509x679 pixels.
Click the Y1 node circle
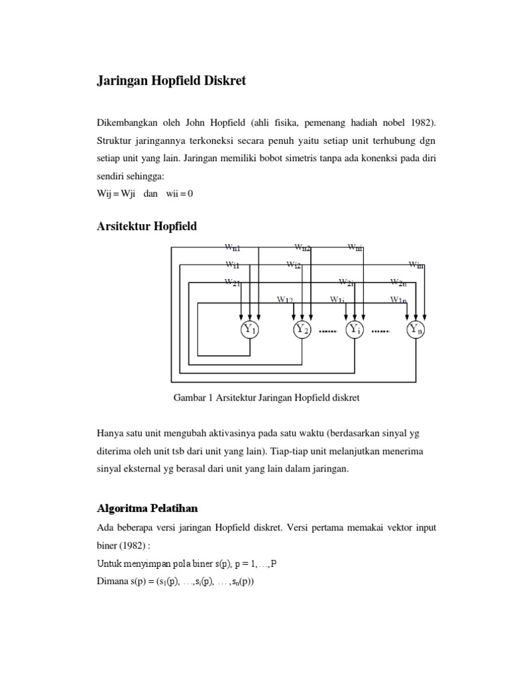(249, 330)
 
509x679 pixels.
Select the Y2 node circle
(302, 330)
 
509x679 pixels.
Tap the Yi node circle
(355, 330)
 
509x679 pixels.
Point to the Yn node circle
(416, 330)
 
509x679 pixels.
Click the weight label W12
(285, 300)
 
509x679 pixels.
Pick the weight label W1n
(398, 300)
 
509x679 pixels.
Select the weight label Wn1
(232, 248)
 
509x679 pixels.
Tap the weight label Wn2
(303, 248)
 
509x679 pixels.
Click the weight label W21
(232, 282)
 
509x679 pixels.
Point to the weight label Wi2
(294, 265)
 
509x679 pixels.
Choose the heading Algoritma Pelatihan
(148, 509)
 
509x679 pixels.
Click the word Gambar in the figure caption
(188, 399)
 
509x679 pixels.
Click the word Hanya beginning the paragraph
(109, 434)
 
